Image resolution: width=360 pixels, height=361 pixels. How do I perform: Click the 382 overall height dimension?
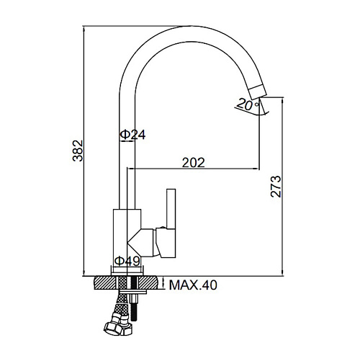click(x=78, y=151)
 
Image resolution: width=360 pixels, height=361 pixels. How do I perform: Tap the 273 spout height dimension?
click(x=276, y=187)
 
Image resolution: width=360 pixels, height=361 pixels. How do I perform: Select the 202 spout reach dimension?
click(x=193, y=163)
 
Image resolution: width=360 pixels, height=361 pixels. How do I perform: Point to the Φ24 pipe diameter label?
click(x=132, y=135)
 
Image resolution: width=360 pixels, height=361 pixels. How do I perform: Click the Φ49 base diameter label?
click(x=127, y=261)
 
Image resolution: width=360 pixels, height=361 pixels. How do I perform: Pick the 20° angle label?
click(x=248, y=104)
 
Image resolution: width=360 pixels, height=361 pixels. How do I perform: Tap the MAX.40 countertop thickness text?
click(x=193, y=285)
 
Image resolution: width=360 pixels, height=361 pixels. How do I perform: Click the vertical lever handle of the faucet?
click(x=171, y=209)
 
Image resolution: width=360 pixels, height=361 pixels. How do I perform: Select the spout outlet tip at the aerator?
click(x=258, y=92)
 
